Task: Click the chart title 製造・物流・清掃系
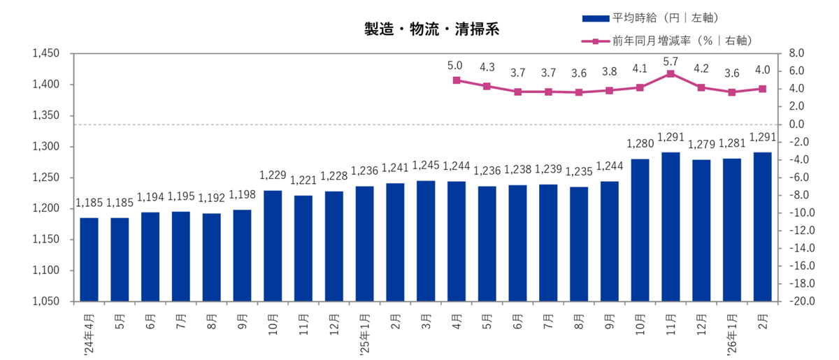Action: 431,30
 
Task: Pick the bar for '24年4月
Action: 89,260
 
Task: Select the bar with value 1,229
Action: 273,246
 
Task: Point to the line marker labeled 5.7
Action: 671,73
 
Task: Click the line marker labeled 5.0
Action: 457,80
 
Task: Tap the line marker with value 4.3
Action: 487,86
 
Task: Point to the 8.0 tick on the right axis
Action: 798,53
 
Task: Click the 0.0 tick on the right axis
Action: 798,124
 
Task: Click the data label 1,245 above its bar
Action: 426,166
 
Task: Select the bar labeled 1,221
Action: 303,249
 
